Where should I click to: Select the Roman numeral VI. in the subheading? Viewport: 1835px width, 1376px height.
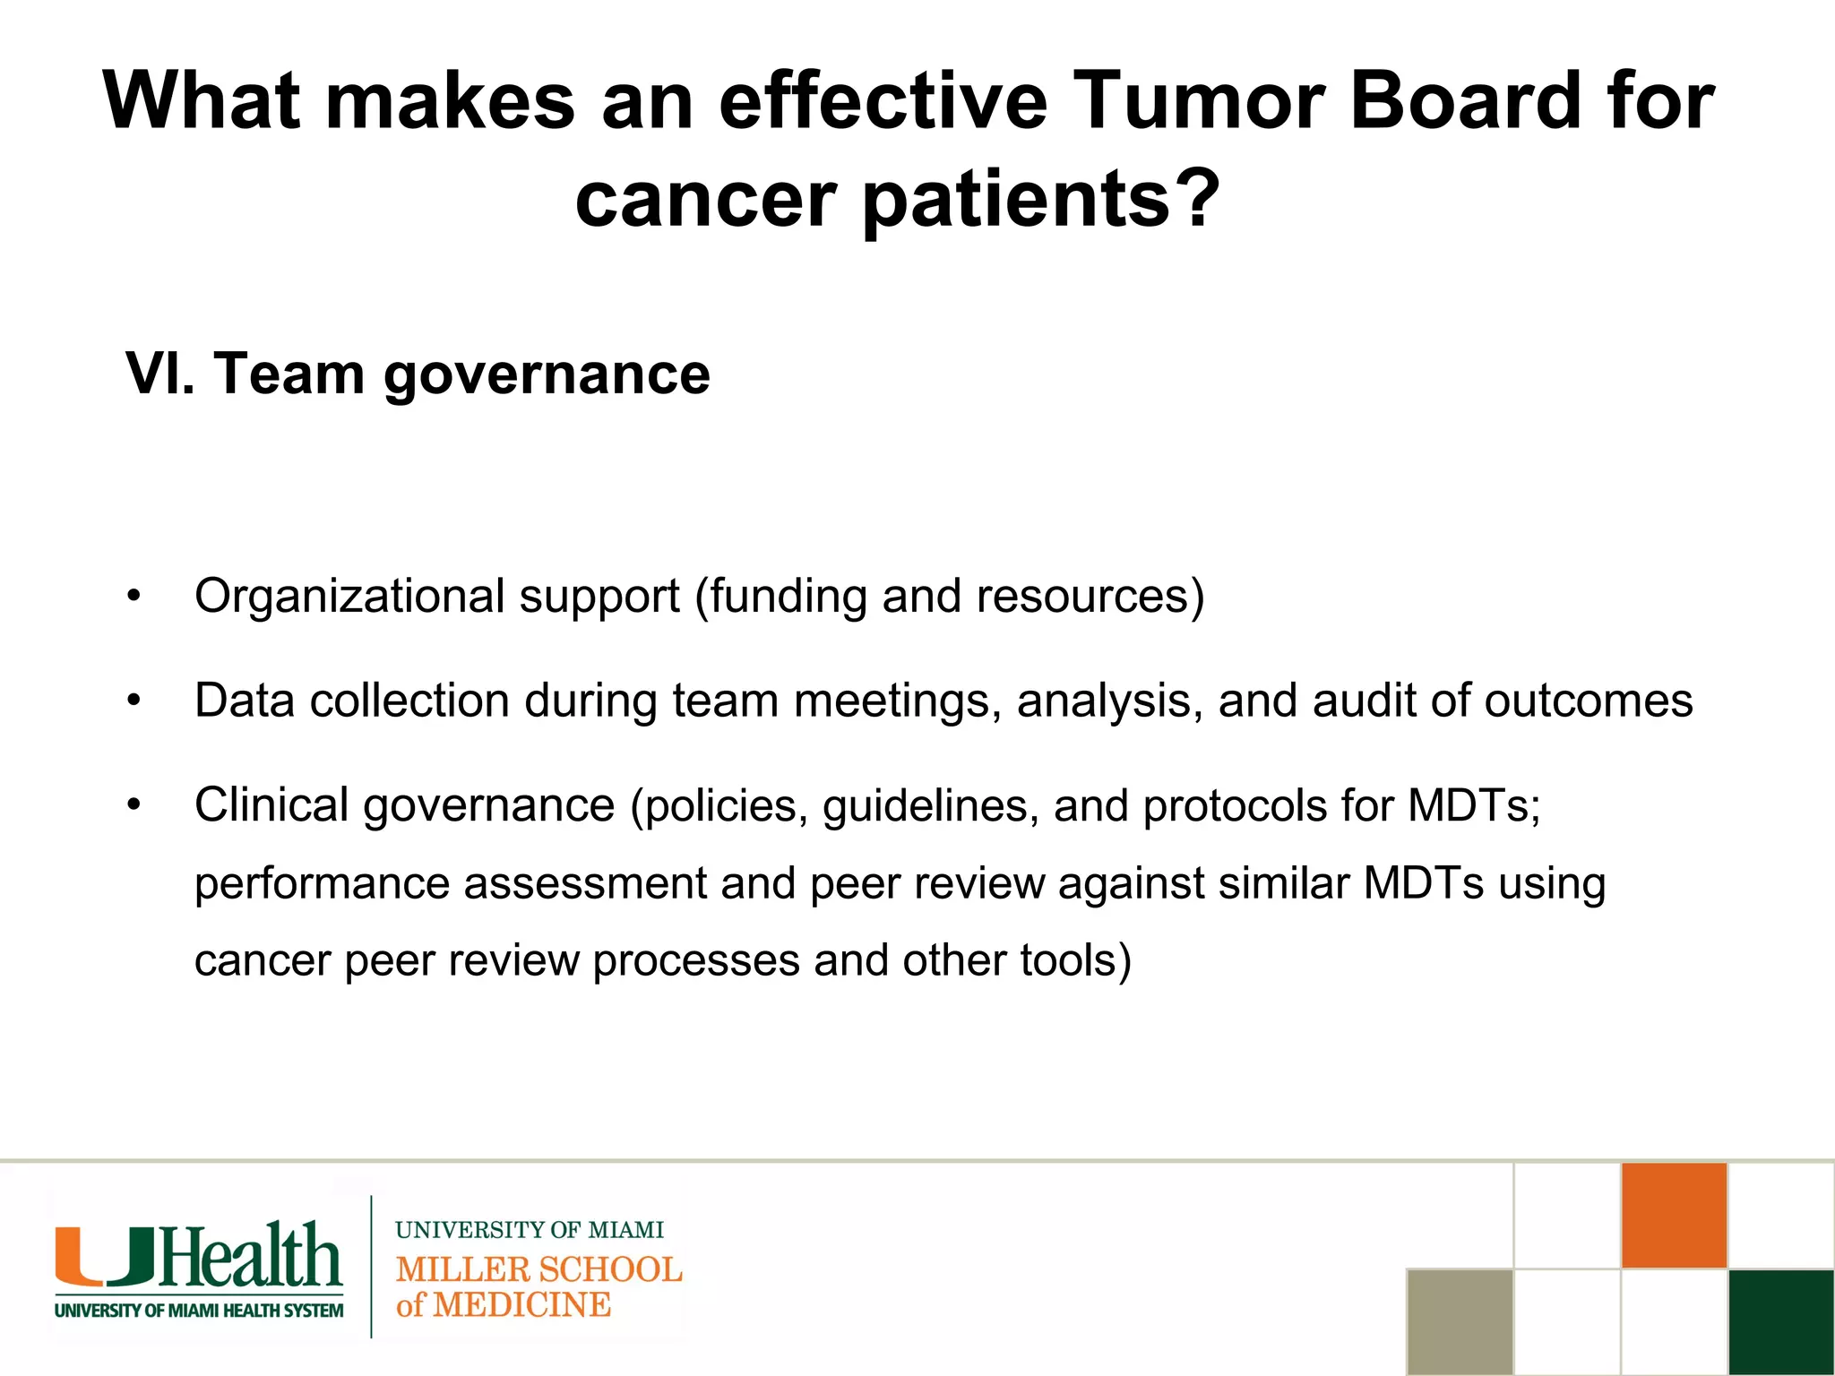pyautogui.click(x=159, y=374)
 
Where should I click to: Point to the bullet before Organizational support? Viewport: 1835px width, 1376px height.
pyautogui.click(x=134, y=597)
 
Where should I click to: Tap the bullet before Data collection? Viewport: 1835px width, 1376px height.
pyautogui.click(x=134, y=701)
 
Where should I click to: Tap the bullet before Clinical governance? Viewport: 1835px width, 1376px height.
pyautogui.click(x=134, y=804)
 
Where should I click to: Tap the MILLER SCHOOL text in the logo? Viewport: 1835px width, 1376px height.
pyautogui.click(x=538, y=1269)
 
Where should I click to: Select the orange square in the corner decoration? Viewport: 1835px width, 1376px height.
pyautogui.click(x=1674, y=1216)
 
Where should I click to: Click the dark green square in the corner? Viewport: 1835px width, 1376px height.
pyautogui.click(x=1781, y=1321)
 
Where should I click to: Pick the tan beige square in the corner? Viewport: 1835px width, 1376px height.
pyautogui.click(x=1460, y=1321)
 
